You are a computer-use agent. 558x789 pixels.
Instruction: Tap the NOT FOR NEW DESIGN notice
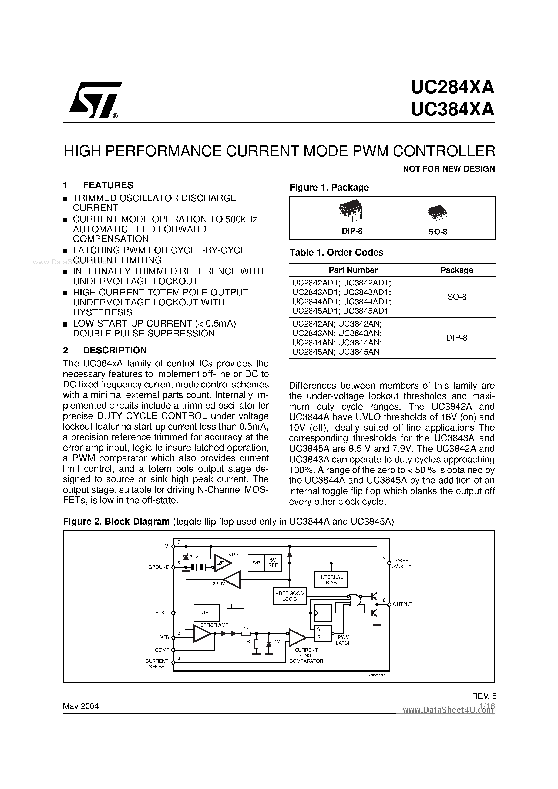(449, 169)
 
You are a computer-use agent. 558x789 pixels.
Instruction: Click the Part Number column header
(353, 270)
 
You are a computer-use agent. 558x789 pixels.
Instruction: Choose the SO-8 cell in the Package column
(456, 297)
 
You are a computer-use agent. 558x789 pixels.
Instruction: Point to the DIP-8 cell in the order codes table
(456, 338)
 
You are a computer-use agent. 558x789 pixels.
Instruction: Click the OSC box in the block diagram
(206, 612)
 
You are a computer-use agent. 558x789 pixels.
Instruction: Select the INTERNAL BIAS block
(331, 580)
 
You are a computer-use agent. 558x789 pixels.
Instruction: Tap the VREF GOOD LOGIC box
(289, 596)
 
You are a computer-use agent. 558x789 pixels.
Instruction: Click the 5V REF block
(273, 563)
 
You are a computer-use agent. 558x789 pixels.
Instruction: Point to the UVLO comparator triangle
(222, 563)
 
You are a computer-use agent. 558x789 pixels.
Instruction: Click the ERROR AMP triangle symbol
(201, 634)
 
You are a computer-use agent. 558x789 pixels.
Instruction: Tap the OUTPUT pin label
(402, 604)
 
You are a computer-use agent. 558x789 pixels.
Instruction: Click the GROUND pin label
(159, 567)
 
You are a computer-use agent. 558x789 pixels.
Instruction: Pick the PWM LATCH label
(343, 640)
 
